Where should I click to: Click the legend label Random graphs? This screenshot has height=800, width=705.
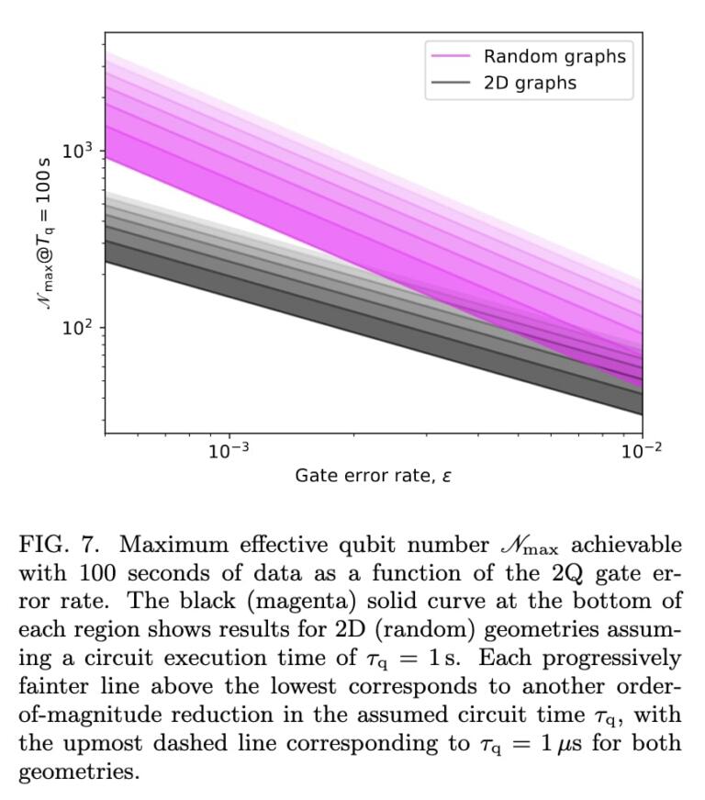[x=554, y=56]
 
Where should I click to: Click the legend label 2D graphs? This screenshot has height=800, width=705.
[x=530, y=83]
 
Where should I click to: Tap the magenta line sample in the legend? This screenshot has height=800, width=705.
[x=452, y=56]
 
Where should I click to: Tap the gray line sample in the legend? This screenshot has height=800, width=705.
[x=452, y=83]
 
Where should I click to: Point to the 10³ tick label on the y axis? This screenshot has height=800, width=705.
[x=78, y=150]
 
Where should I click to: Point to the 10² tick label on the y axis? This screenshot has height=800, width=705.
[x=78, y=328]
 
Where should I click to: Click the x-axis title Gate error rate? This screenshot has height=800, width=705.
[x=373, y=476]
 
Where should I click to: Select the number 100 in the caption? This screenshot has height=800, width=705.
[x=97, y=573]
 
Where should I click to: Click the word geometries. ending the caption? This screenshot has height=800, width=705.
[x=78, y=772]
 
